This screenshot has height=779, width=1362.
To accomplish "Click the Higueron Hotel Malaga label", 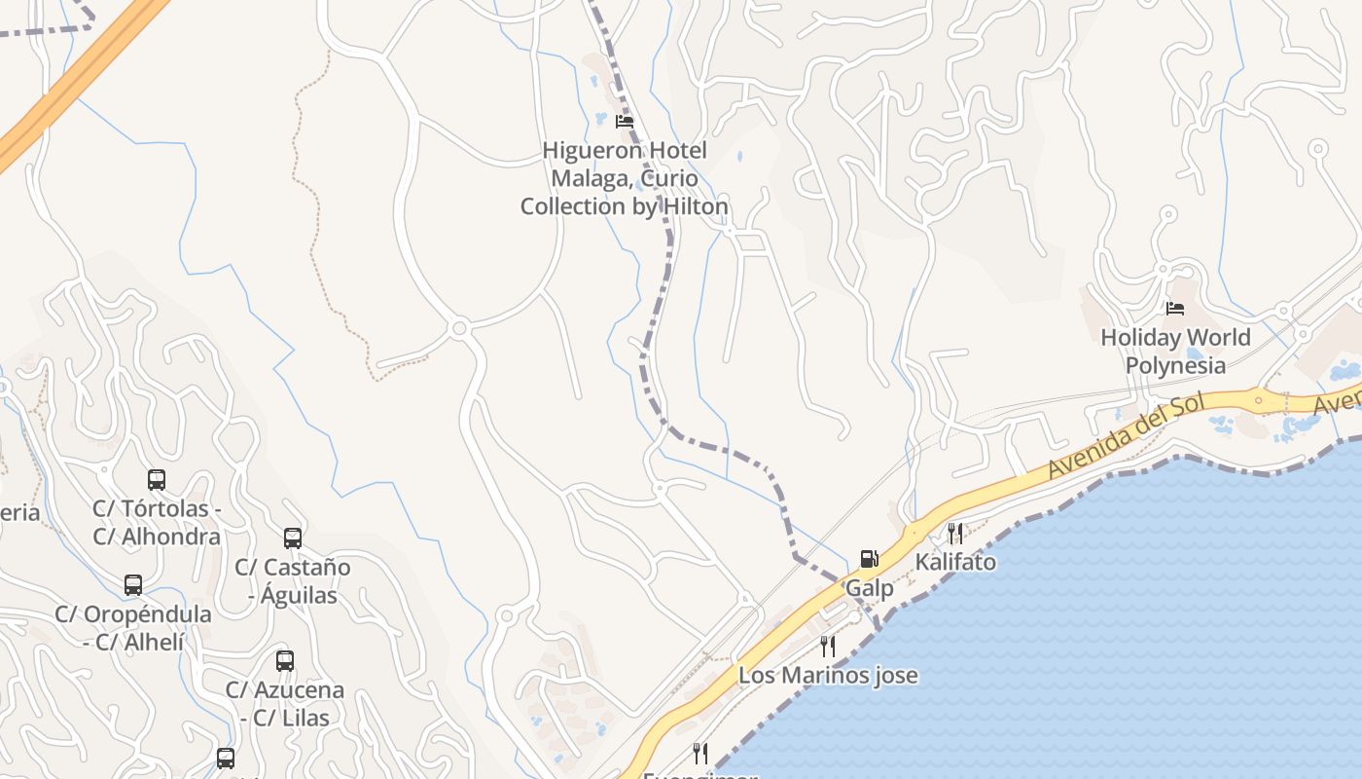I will point(624,178).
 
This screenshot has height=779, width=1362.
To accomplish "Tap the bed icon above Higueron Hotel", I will point(625,122).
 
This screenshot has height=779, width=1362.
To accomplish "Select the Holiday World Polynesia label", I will point(1175,352).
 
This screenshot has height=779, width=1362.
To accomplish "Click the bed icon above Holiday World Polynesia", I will point(1175,309).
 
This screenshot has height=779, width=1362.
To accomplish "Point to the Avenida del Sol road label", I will point(1126,435).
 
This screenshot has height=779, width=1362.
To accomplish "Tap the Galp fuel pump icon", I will point(869,559).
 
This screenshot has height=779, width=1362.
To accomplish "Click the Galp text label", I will point(869,588).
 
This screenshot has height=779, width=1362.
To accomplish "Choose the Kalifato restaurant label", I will point(955,562).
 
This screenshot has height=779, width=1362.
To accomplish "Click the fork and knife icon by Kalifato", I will point(955,533).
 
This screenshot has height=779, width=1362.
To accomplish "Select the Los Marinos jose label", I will point(828,675).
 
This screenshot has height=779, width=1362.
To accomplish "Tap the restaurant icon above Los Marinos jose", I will point(828,646).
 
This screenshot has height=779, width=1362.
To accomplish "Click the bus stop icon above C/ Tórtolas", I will point(157,479).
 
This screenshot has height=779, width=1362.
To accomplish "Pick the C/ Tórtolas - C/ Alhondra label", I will point(157,522).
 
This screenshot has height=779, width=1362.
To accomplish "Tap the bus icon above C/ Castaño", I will point(293,538).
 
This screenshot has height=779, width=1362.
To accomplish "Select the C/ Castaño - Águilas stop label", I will point(293,580).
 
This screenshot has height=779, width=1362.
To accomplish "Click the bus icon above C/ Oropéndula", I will point(133,585).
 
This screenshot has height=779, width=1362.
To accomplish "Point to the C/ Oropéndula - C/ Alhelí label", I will point(133,628).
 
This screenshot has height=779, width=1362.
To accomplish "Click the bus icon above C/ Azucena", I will point(285,661).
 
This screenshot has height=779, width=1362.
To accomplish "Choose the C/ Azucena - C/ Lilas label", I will point(285,703).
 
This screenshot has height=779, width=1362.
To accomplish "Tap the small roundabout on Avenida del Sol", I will point(1258,399).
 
